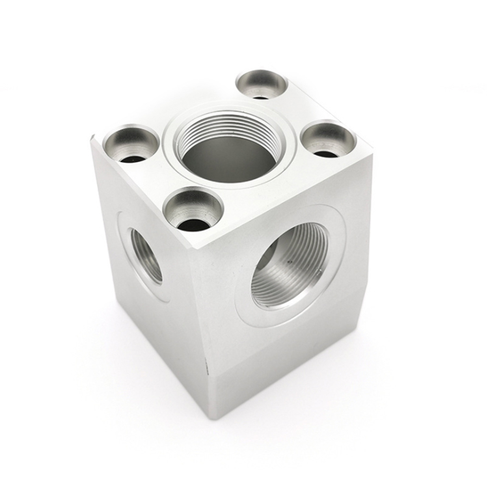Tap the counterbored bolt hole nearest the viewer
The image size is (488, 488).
[193, 209]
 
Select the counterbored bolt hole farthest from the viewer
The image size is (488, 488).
[262, 84]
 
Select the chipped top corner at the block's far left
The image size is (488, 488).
[93, 139]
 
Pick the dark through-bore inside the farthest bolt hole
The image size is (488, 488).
[260, 96]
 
